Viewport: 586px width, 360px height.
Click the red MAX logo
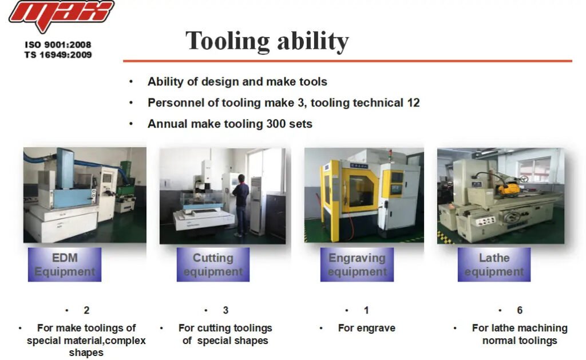point(61,15)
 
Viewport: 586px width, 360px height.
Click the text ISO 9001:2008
point(58,45)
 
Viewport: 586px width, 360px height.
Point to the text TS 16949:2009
point(58,55)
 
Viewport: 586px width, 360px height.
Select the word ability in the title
point(313,41)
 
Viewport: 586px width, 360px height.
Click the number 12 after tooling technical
point(413,103)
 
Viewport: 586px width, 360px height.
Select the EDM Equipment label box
point(65,264)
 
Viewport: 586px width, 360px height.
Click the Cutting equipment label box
point(213,264)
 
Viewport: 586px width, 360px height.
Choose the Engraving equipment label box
point(357,264)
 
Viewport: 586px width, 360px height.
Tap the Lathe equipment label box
point(494,264)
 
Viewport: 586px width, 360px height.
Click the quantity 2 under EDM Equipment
point(86,310)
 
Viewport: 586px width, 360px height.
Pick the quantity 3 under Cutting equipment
point(225,310)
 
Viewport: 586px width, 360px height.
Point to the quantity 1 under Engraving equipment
point(366,310)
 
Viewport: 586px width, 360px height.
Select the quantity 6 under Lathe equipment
point(520,310)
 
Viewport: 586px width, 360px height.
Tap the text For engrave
point(367,328)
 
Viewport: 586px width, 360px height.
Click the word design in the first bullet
point(217,82)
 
